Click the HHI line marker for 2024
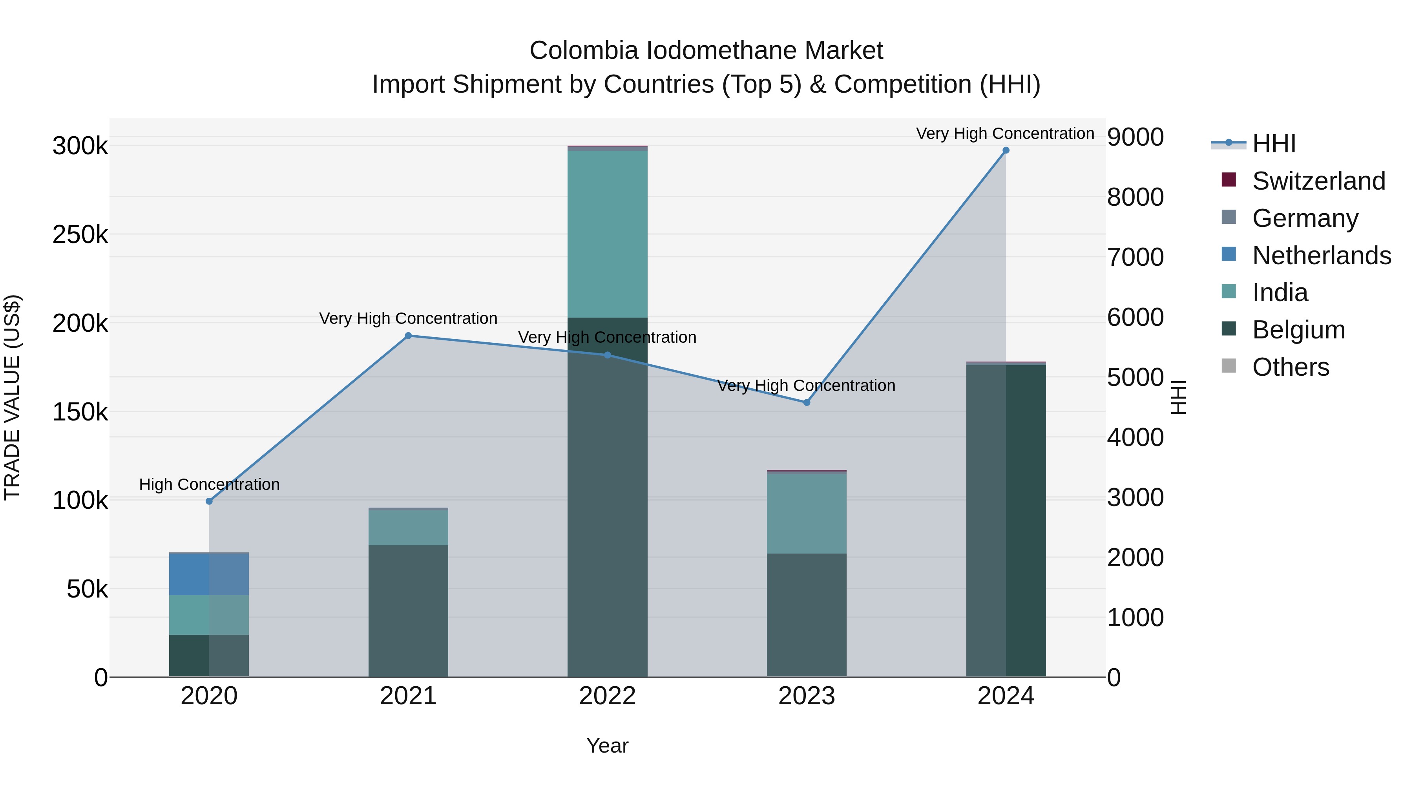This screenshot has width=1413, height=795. pos(1006,150)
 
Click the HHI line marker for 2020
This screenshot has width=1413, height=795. pos(209,501)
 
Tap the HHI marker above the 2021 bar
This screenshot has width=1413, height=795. pos(408,336)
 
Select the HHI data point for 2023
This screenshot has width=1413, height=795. pos(806,403)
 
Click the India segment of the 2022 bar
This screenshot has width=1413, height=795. pos(607,233)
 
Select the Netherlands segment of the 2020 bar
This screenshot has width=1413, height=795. pos(209,574)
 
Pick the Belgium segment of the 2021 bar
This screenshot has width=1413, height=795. pos(408,610)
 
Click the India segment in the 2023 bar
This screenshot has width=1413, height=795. pos(806,513)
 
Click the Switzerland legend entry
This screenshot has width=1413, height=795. pos(1318,181)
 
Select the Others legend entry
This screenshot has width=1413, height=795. pos(1290,367)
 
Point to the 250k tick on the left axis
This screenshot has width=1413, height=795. pos(80,235)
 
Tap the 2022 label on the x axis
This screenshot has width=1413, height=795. pos(607,696)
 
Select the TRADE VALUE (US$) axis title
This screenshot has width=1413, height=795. pos(12,397)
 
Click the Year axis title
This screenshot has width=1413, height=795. pos(607,746)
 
